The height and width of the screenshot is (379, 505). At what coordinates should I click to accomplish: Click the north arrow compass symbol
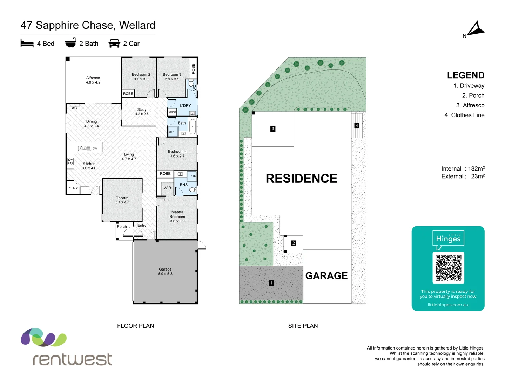pos(476,29)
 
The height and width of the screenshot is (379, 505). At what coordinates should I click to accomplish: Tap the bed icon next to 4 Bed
pos(27,43)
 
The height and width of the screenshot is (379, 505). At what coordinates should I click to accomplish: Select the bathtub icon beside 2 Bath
pos(70,42)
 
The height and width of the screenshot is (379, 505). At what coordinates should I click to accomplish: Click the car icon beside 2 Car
pos(114,43)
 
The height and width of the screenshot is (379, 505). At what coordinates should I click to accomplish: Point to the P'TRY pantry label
pos(73,188)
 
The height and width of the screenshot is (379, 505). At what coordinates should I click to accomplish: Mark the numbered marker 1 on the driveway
pos(271,283)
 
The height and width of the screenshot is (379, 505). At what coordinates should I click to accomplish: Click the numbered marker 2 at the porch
pos(294,243)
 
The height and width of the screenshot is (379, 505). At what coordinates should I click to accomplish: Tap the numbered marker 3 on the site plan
pos(273,129)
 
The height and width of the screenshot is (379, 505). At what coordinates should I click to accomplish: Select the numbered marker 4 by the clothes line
pos(357,126)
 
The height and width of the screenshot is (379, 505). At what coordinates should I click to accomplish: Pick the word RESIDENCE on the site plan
pos(301,178)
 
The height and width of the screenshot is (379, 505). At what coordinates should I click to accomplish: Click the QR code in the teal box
pos(448,268)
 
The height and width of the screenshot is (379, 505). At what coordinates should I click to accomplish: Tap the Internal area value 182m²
pos(476,169)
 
